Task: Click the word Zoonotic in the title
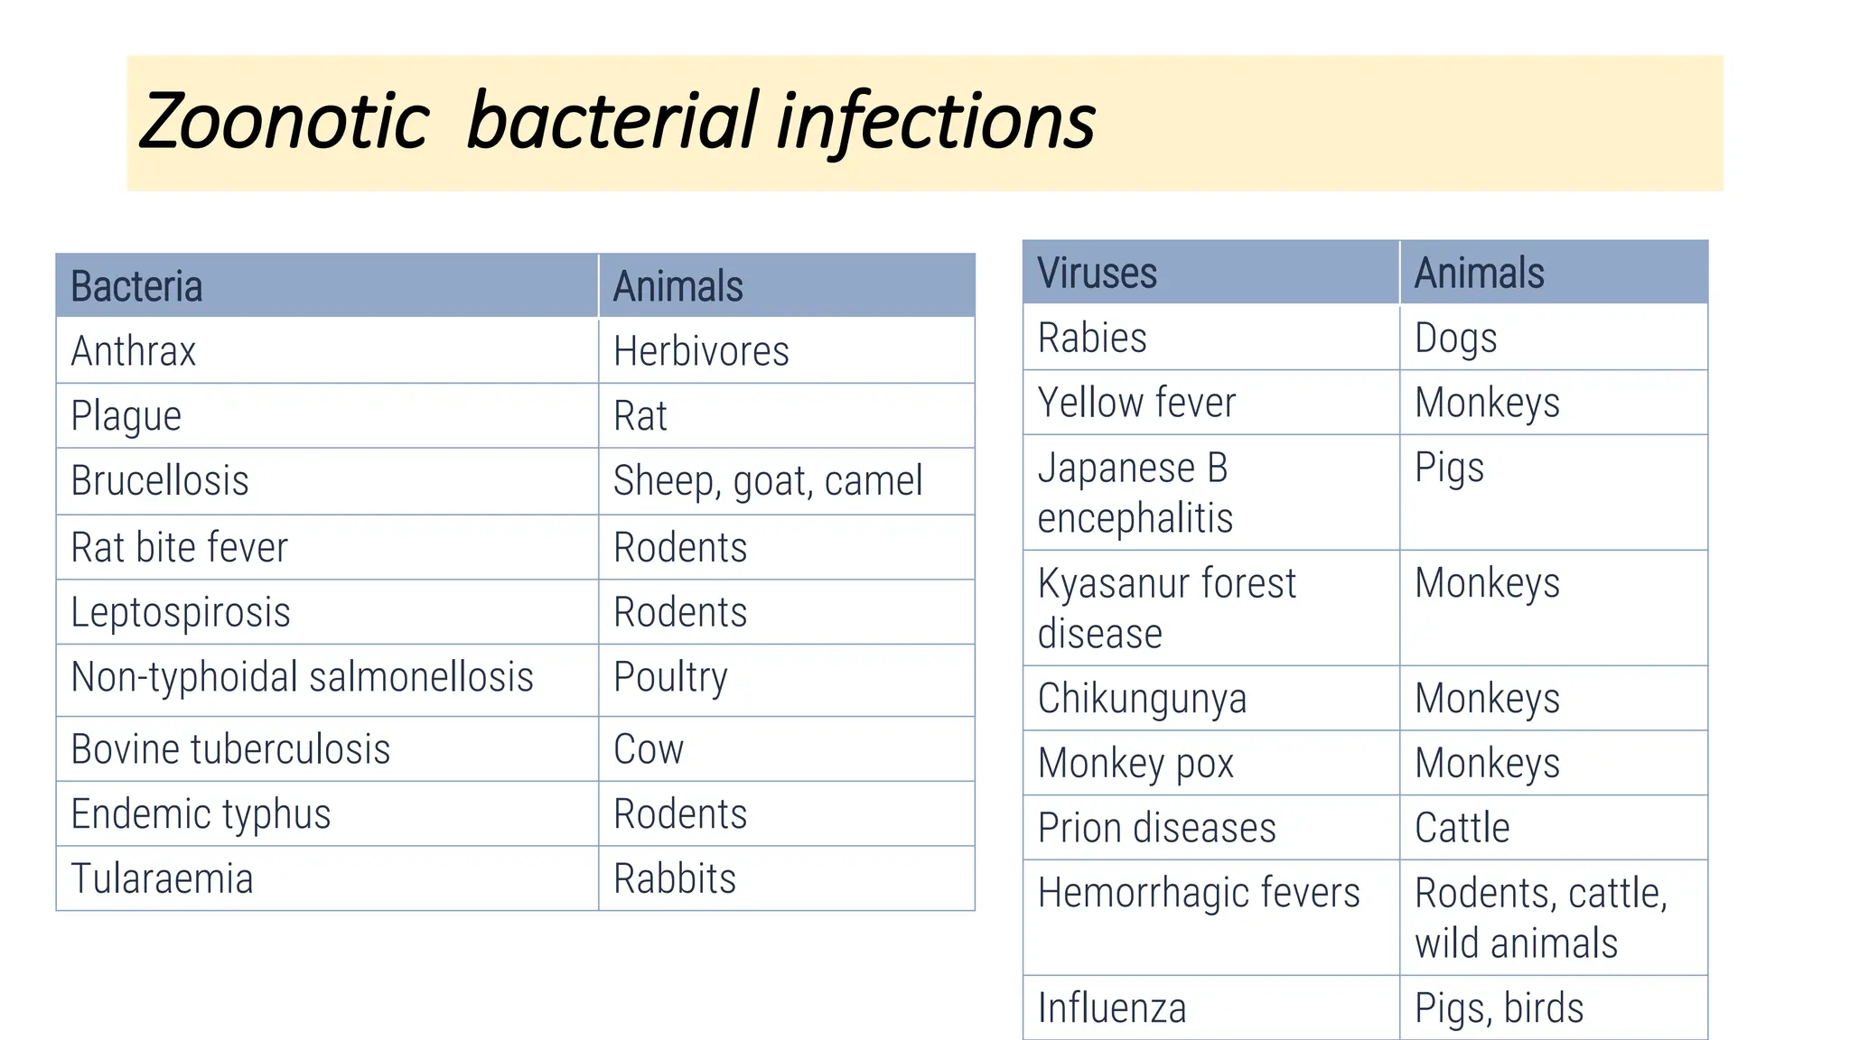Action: click(285, 122)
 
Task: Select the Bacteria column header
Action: click(137, 286)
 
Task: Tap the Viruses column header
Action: click(1097, 273)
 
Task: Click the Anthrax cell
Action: click(134, 351)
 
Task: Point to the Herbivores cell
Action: click(701, 351)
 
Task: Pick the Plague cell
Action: click(126, 416)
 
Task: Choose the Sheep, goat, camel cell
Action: click(768, 481)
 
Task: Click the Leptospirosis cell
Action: click(181, 612)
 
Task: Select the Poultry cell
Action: click(670, 678)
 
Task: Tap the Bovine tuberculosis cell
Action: click(230, 749)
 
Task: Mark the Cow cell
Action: click(649, 749)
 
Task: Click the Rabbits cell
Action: click(675, 878)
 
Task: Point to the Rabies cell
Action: click(1092, 338)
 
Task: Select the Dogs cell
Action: click(1455, 339)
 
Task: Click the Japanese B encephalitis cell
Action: click(1135, 493)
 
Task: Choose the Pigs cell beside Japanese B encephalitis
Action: click(1449, 469)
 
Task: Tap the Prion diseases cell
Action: click(1157, 828)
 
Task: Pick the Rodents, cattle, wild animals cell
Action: click(1540, 917)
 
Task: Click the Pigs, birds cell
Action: click(1499, 1008)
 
